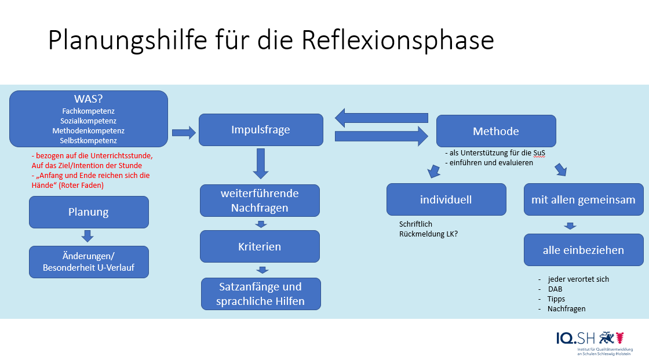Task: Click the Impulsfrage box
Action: click(261, 130)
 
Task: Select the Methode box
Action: click(496, 131)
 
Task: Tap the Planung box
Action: click(89, 212)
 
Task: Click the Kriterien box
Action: click(260, 246)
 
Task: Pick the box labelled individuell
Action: click(446, 199)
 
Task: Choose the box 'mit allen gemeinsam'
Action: click(584, 199)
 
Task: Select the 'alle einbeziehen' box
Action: click(584, 250)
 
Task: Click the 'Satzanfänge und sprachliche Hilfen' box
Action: click(261, 293)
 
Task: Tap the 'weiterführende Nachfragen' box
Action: click(260, 200)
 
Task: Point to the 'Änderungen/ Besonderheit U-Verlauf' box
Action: click(89, 261)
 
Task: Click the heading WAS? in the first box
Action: click(89, 99)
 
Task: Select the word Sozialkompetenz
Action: click(89, 121)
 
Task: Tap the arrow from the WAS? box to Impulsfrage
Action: click(184, 133)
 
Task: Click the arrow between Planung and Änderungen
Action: click(87, 236)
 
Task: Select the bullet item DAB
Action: click(555, 289)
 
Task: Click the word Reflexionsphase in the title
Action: click(398, 41)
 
